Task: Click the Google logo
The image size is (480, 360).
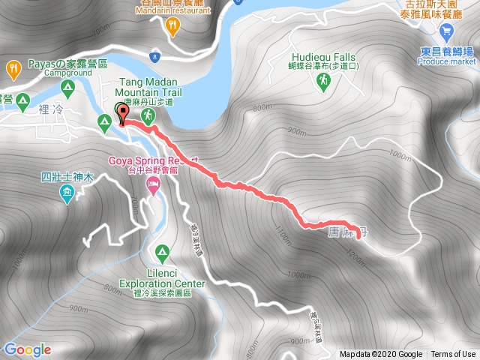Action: point(28,349)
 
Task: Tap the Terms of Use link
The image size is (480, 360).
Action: point(452,355)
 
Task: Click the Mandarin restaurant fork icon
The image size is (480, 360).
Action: point(174,26)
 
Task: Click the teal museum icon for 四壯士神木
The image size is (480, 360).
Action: point(67,195)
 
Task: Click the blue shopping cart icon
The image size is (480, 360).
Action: point(447,32)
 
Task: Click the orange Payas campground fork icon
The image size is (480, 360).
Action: point(12,70)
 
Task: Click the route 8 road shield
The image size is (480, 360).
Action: point(154,56)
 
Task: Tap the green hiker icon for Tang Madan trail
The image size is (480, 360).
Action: point(149,116)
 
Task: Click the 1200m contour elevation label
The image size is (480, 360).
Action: point(356,259)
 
